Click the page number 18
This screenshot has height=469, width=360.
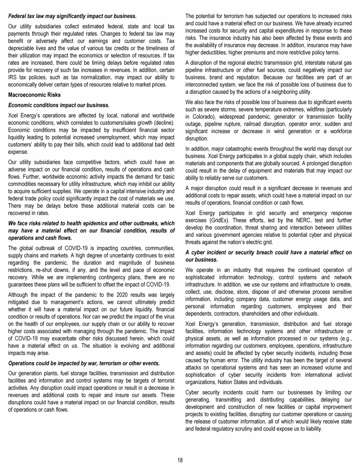click(x=180, y=460)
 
